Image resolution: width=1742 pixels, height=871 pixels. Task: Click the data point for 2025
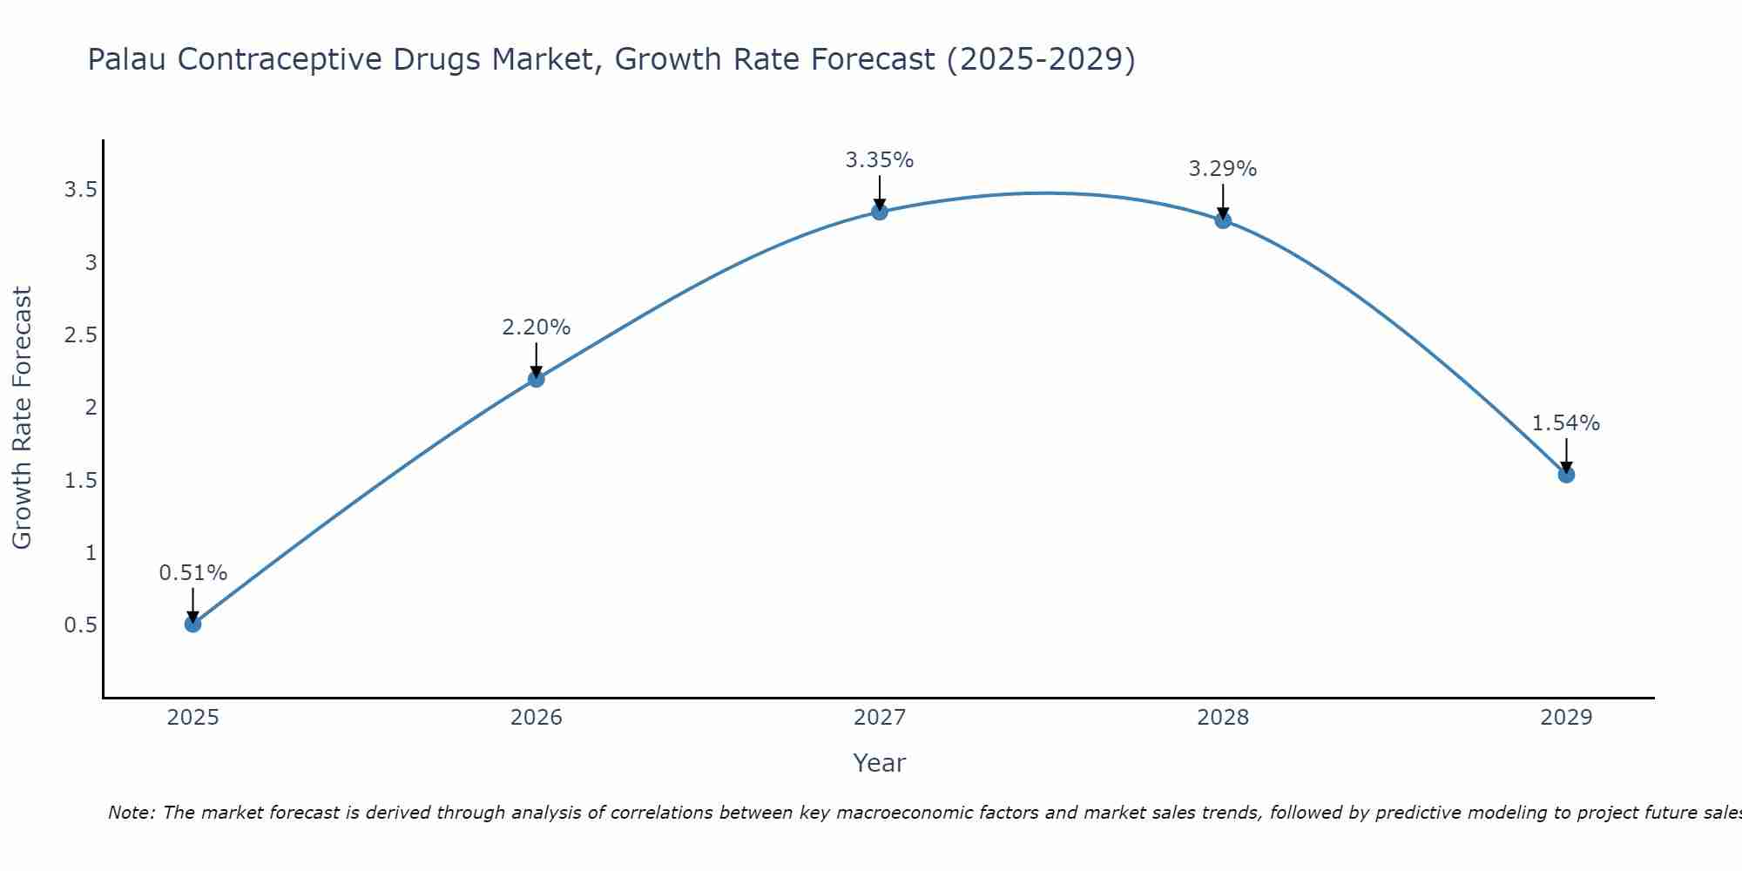[x=193, y=624]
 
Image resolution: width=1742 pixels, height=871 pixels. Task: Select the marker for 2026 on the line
[x=537, y=379]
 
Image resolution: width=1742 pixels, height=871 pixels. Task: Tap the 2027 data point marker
[x=880, y=212]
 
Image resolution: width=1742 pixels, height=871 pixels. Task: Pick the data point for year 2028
[x=1223, y=220]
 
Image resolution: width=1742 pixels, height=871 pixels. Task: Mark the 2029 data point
[x=1566, y=475]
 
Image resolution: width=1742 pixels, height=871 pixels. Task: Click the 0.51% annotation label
[x=193, y=573]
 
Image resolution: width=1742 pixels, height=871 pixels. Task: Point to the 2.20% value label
[x=537, y=327]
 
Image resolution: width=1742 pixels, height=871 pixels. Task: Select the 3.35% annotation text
[x=880, y=160]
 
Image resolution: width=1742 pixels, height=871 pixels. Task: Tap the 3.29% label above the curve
[x=1223, y=169]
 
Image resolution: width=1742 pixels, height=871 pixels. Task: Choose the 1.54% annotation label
[x=1566, y=423]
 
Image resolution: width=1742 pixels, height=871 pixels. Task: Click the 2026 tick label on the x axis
[x=537, y=718]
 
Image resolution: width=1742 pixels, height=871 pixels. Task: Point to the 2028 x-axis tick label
[x=1223, y=718]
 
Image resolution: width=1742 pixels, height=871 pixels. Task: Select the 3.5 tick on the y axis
[x=80, y=190]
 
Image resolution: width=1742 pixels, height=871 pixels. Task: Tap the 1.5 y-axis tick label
[x=80, y=480]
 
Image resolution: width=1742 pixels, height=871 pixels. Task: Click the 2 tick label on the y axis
[x=91, y=408]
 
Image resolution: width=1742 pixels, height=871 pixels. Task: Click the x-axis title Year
[x=880, y=763]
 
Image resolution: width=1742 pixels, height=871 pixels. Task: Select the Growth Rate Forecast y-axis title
[x=23, y=418]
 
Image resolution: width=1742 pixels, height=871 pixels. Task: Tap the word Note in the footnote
[x=131, y=813]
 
